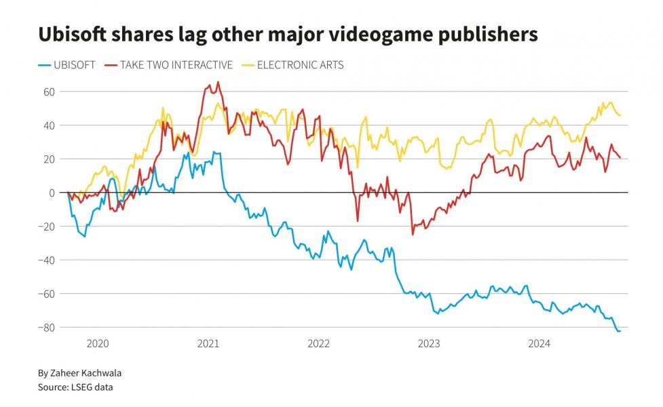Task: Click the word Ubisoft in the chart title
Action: [x=72, y=34]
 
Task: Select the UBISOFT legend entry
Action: [x=67, y=65]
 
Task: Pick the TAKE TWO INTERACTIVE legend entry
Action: [x=169, y=65]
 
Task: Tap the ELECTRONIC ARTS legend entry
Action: [x=292, y=65]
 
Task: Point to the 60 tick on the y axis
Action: [x=49, y=92]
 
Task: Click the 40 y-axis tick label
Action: [x=49, y=125]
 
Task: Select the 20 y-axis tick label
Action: [x=49, y=159]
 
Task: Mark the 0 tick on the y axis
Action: [x=52, y=193]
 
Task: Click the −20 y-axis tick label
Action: [x=47, y=227]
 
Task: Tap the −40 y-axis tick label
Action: [x=47, y=260]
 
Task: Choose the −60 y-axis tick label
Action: [x=47, y=294]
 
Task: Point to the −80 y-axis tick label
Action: [x=47, y=328]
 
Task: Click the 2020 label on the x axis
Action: [x=98, y=344]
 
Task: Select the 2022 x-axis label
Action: [x=318, y=344]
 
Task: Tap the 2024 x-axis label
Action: [x=539, y=344]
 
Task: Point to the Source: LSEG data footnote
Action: [x=75, y=387]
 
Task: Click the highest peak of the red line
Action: [x=219, y=82]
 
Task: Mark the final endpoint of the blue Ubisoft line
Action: [x=620, y=331]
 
